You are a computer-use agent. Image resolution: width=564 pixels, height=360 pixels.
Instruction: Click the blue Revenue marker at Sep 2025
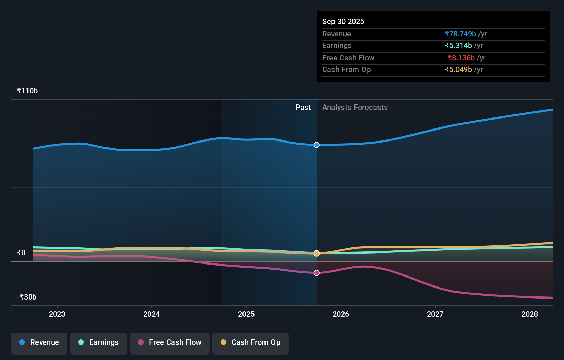click(317, 145)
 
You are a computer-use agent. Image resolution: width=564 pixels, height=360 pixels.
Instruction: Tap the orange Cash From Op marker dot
click(317, 253)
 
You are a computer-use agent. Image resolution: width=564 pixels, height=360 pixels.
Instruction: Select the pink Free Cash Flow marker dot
click(317, 273)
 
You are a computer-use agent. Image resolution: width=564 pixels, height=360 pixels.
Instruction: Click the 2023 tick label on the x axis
click(57, 314)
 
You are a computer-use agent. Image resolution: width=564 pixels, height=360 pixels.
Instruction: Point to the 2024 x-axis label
click(151, 314)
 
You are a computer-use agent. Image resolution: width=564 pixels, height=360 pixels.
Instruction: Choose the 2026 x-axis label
click(341, 314)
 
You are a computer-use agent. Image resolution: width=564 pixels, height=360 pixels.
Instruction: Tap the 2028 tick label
click(530, 314)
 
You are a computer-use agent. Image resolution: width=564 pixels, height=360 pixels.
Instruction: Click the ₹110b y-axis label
click(27, 91)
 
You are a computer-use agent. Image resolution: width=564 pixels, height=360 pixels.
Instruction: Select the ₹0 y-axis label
click(21, 252)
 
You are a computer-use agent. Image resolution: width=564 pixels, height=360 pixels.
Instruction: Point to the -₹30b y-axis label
click(26, 297)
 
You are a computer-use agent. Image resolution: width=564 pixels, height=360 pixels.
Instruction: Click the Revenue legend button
click(39, 342)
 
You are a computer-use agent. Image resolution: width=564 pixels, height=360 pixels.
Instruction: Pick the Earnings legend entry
click(99, 342)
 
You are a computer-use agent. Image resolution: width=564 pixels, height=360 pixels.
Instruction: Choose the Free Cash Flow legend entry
click(170, 342)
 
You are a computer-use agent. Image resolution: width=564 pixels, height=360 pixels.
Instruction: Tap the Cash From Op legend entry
click(250, 342)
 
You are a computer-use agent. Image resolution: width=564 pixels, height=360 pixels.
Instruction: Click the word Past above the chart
click(303, 107)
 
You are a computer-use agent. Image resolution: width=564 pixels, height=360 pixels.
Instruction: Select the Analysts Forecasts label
click(355, 107)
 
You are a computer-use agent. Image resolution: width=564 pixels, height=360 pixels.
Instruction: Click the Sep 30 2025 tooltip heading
click(343, 21)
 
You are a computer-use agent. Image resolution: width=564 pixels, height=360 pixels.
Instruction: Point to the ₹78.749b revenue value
click(460, 34)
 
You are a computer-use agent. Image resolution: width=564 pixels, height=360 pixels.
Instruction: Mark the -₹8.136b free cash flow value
click(460, 58)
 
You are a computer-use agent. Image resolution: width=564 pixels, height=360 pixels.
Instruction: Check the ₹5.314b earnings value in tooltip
click(458, 45)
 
